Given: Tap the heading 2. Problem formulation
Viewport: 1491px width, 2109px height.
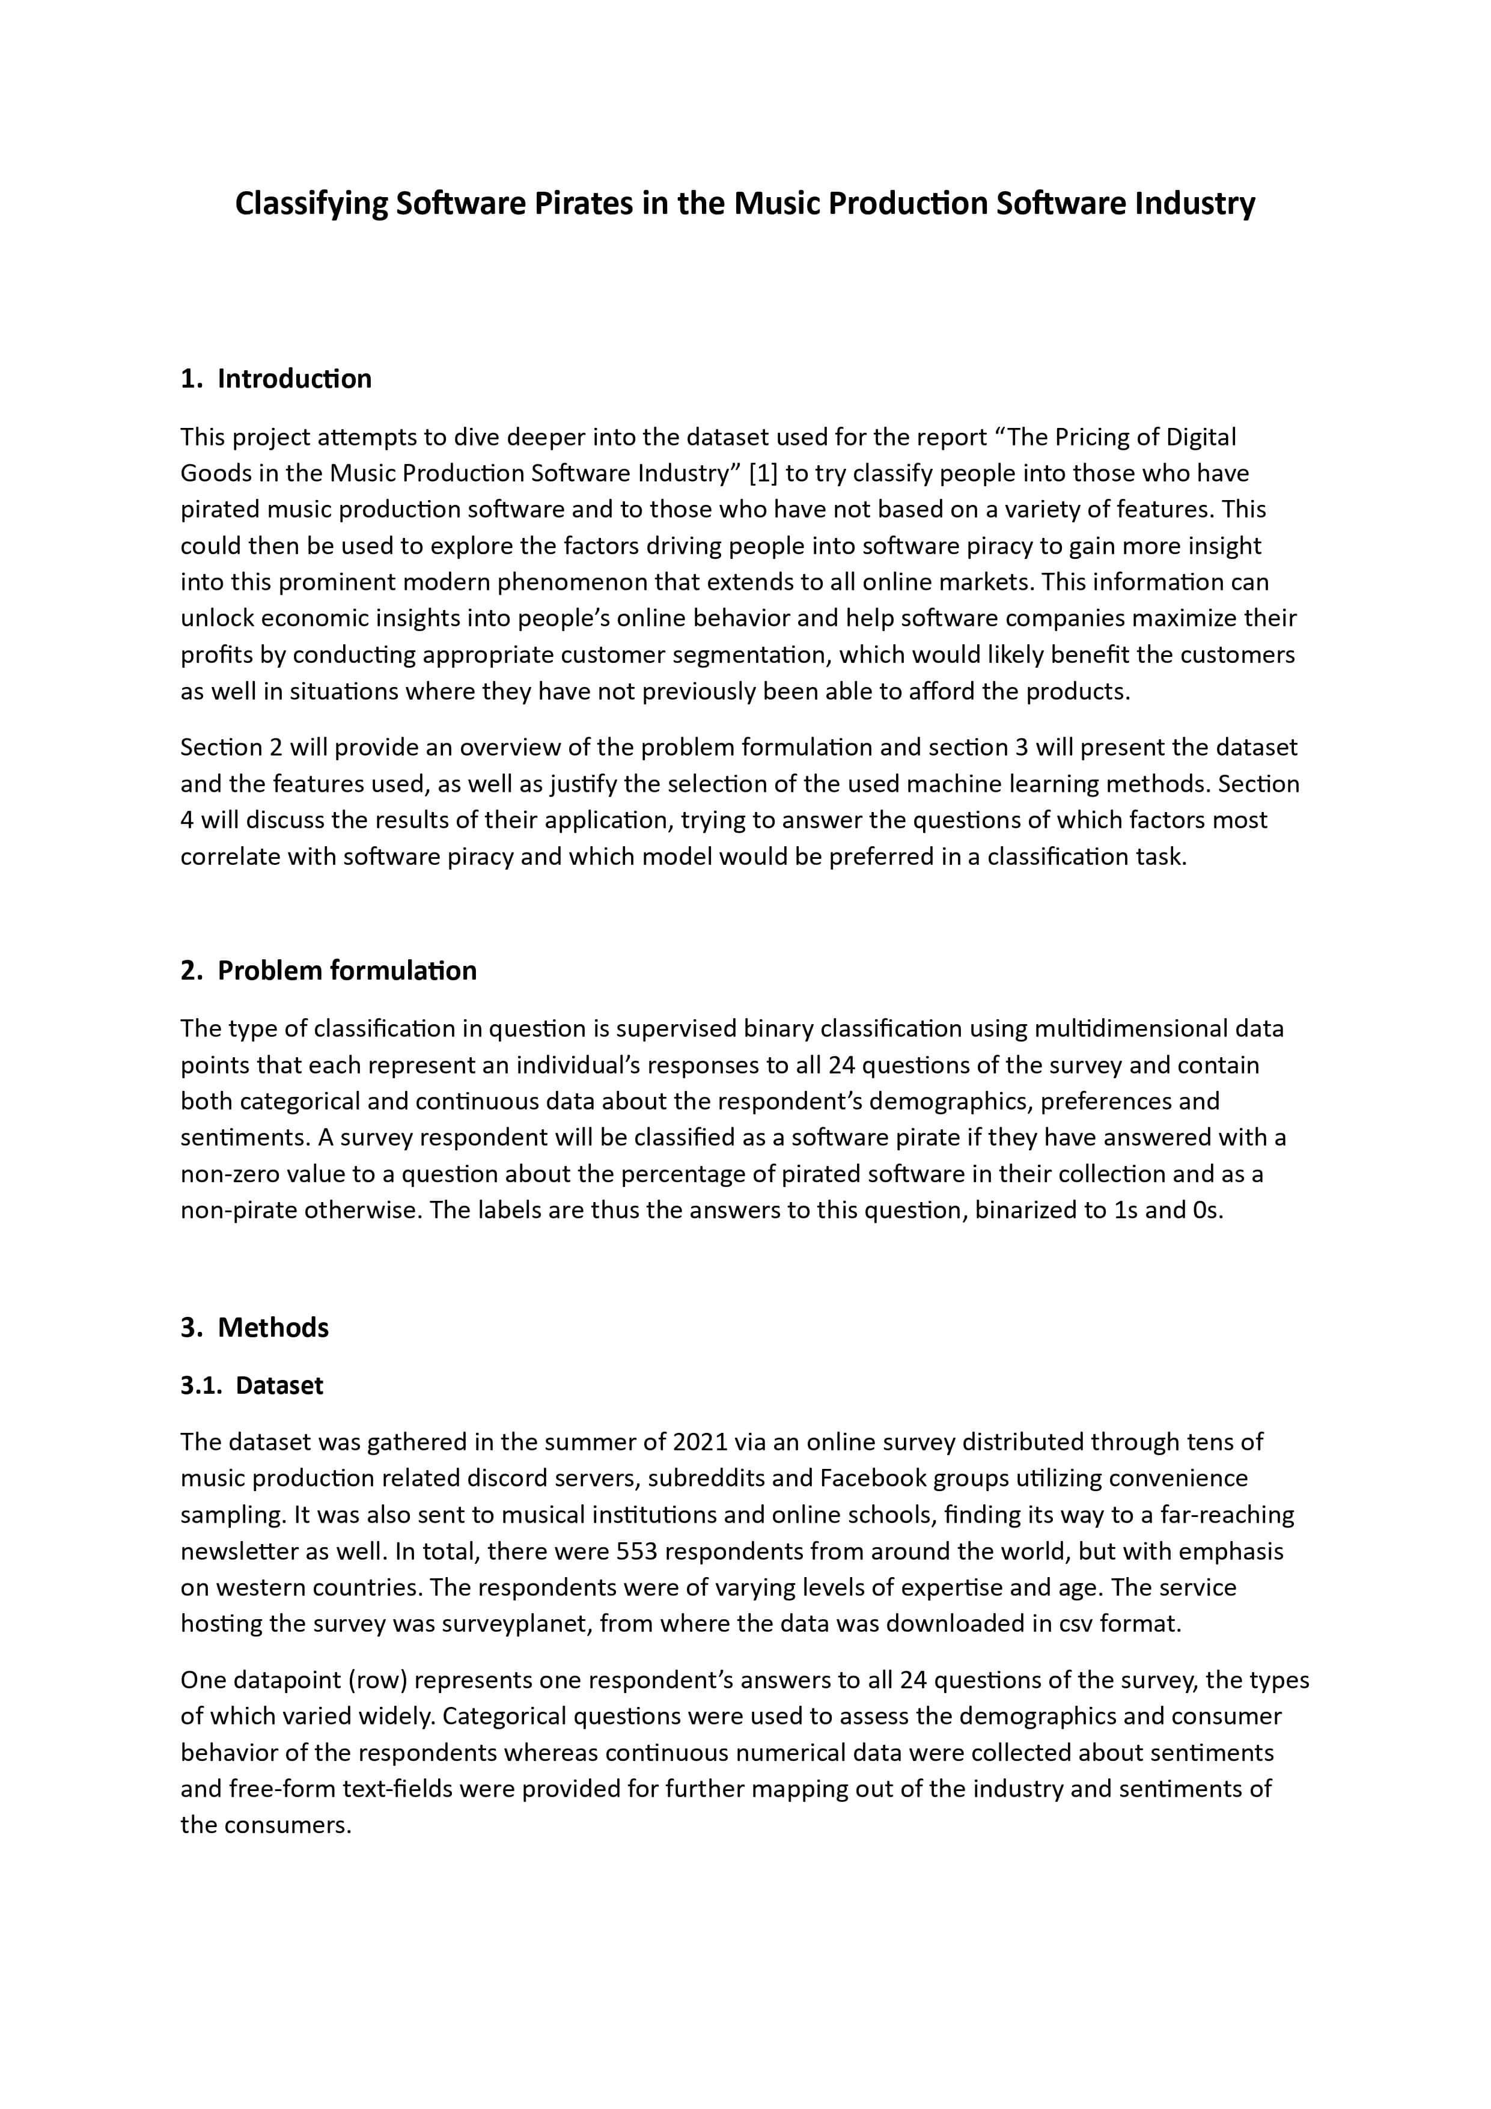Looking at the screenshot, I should (x=328, y=970).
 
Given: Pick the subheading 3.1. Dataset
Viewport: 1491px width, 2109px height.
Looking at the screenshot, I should (x=252, y=1385).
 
